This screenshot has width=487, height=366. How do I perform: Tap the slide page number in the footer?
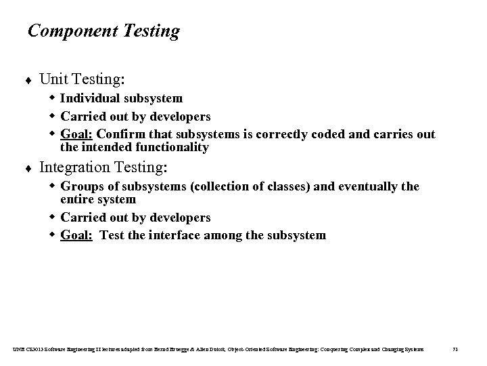point(455,348)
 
